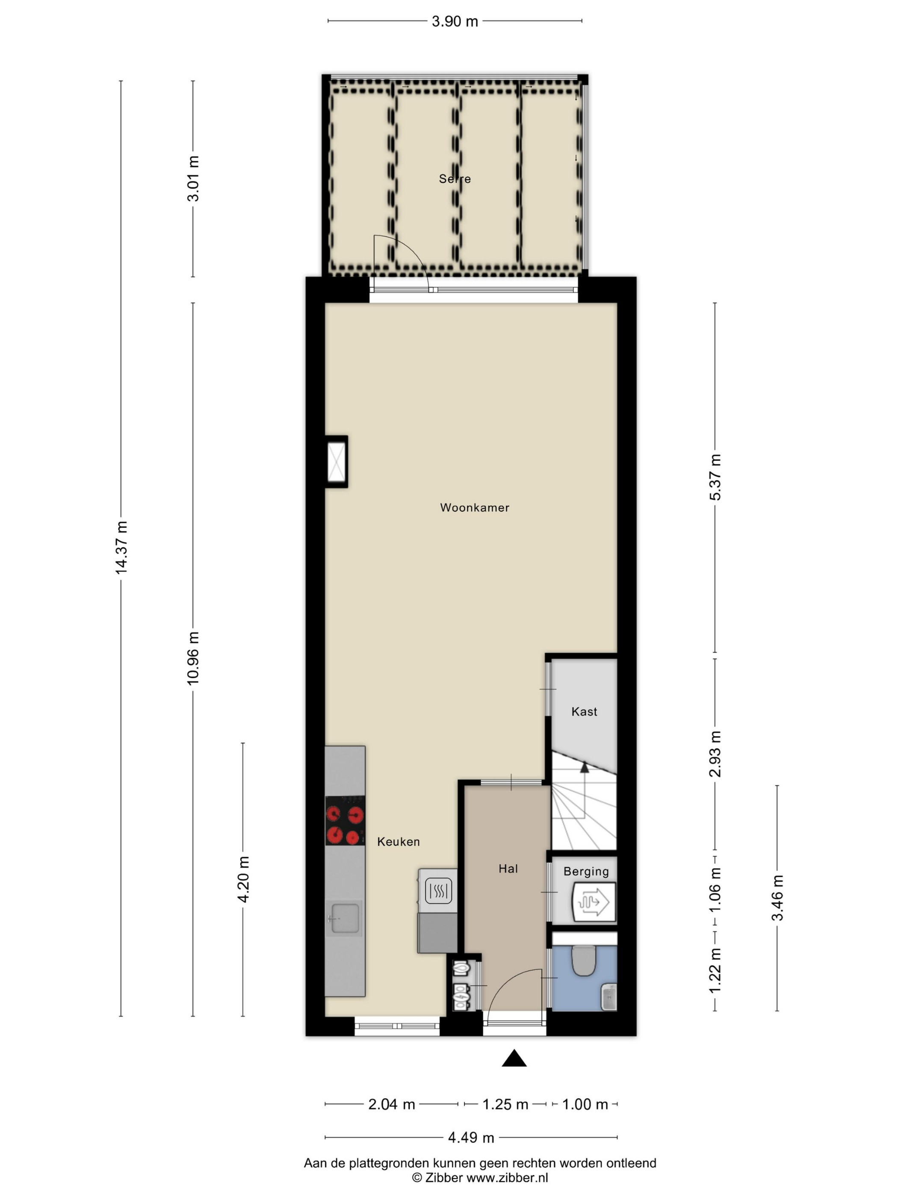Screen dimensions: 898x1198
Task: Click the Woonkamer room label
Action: click(474, 507)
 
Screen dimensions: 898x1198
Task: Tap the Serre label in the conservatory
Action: click(455, 179)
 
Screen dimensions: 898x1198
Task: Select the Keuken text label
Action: click(399, 841)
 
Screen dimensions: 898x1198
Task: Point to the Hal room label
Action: click(508, 868)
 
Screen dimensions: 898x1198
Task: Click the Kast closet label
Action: click(584, 711)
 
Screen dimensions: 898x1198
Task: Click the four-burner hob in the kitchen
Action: click(345, 821)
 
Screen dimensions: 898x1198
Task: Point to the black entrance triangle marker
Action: click(514, 1058)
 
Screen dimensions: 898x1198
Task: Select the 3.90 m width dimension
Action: click(455, 21)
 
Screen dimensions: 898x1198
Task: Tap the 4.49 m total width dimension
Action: click(471, 1137)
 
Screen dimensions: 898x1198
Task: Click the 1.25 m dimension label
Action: click(505, 1104)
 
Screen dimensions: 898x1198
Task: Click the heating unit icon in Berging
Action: click(594, 902)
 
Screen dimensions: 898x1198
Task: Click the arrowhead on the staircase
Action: click(584, 766)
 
